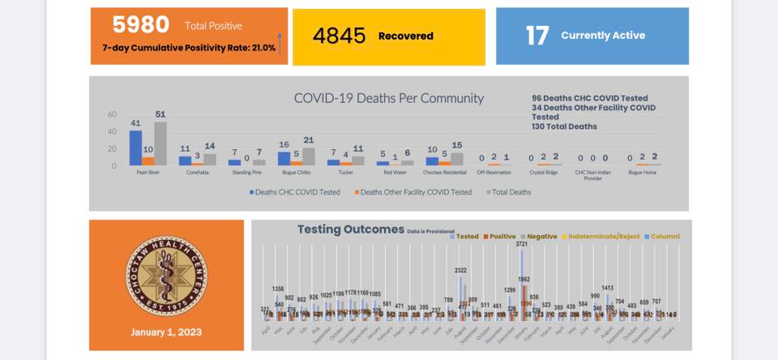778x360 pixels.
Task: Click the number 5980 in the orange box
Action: (141, 25)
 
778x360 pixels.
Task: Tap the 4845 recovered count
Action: (340, 36)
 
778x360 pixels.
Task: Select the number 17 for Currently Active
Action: (537, 36)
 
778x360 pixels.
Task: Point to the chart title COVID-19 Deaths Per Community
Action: (388, 98)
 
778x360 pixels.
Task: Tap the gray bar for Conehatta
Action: (210, 160)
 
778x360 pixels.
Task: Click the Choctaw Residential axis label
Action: (443, 173)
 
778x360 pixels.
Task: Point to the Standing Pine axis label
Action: (246, 173)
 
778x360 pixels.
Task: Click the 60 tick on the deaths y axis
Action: (112, 114)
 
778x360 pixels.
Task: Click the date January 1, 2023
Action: (166, 332)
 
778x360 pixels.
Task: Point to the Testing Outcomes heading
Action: (350, 229)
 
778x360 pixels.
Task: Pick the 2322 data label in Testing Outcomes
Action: (460, 271)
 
